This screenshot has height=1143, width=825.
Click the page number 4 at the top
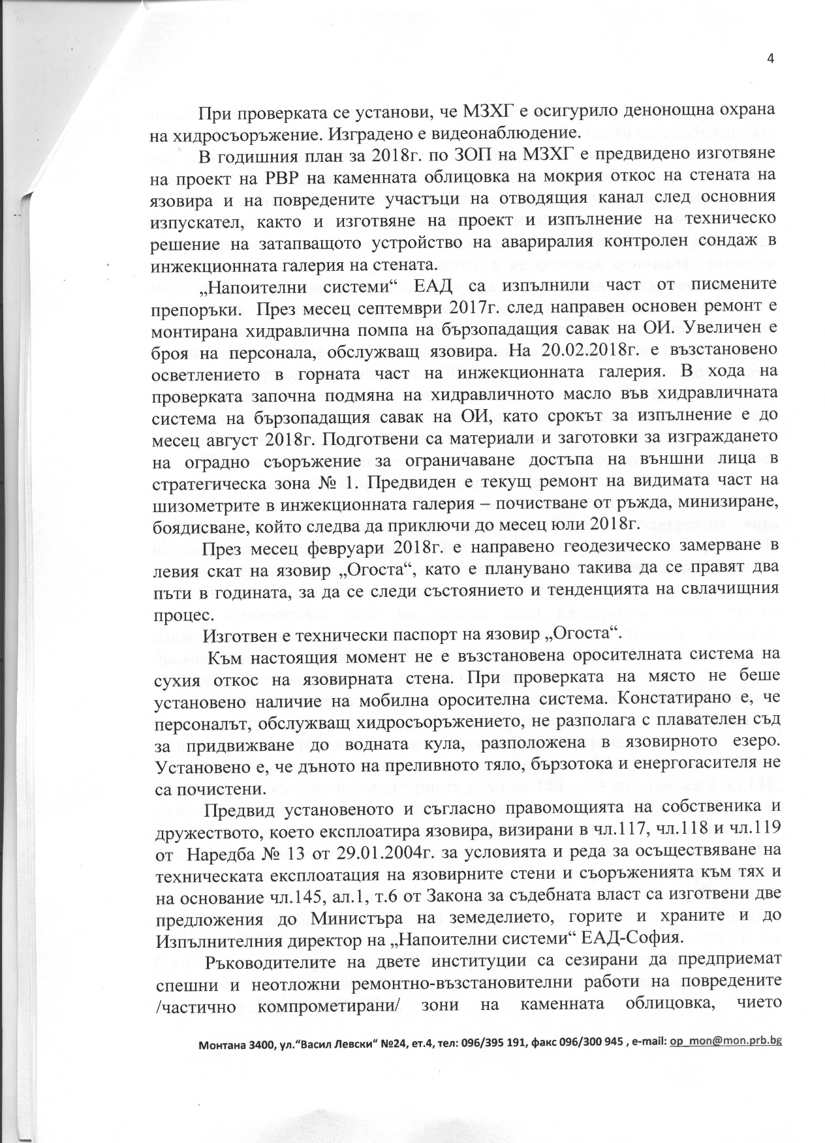(770, 59)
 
